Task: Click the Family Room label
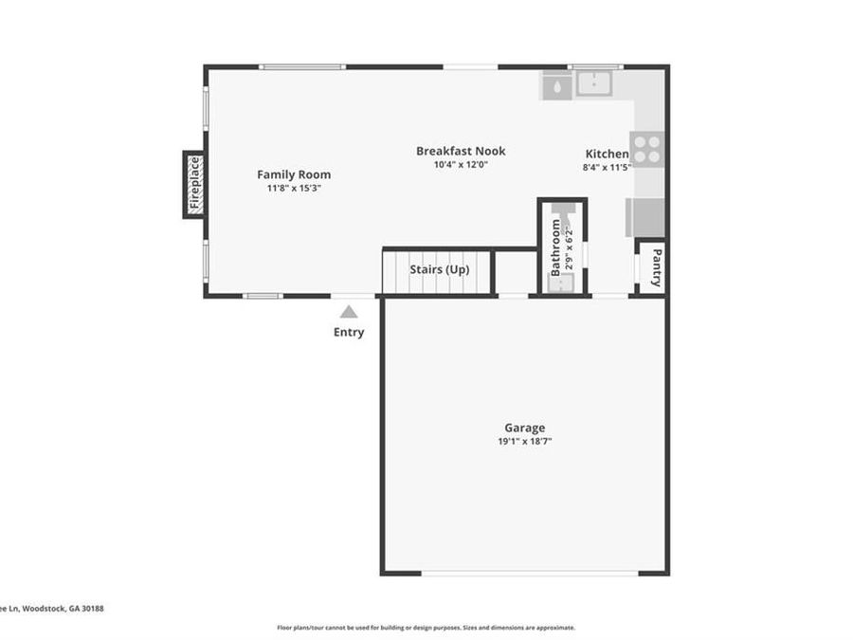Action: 294,174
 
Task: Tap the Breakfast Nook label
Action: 461,151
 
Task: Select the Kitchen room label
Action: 606,154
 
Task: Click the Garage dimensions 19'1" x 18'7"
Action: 524,441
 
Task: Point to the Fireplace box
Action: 194,184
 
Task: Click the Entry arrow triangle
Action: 349,311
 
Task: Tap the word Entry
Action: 349,332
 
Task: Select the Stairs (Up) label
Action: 439,269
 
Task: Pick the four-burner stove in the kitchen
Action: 647,149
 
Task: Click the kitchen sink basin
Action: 594,82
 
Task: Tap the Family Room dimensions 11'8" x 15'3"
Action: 294,188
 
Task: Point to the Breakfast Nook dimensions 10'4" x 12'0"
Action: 461,164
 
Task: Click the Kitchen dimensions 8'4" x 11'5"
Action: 607,167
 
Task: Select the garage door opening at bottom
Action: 529,573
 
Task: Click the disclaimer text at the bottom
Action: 426,627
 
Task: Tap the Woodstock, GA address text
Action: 52,609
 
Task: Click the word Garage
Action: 524,428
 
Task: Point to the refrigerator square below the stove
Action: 645,217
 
